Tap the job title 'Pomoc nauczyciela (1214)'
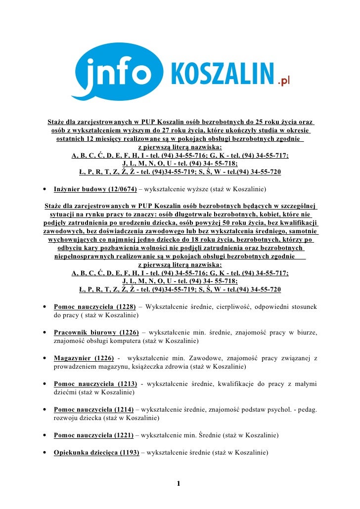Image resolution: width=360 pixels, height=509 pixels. click(93, 410)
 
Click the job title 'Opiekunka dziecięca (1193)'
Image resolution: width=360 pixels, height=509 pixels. click(96, 452)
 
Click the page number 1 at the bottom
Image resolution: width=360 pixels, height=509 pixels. click(179, 483)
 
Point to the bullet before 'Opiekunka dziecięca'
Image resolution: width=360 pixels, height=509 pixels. click(45, 452)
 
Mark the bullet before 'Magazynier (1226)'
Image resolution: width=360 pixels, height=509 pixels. click(45, 359)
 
